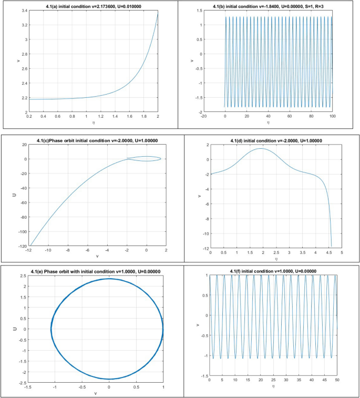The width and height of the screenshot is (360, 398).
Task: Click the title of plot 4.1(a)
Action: (90, 6)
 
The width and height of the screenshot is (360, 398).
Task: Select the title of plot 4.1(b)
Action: (270, 6)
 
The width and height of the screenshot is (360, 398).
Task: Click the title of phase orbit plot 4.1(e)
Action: (95, 271)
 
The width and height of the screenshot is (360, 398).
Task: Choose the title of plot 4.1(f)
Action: (274, 271)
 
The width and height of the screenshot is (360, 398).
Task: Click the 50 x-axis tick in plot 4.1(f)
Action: (337, 380)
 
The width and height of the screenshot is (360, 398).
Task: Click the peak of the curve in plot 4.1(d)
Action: (261, 148)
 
